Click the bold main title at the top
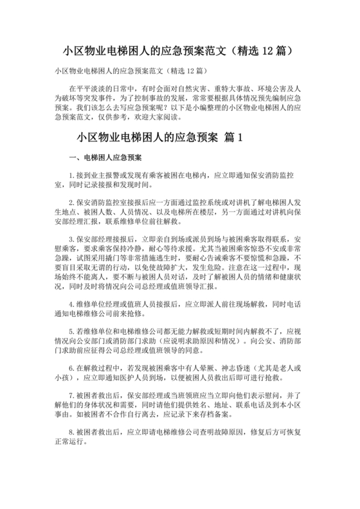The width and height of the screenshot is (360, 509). [179, 49]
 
